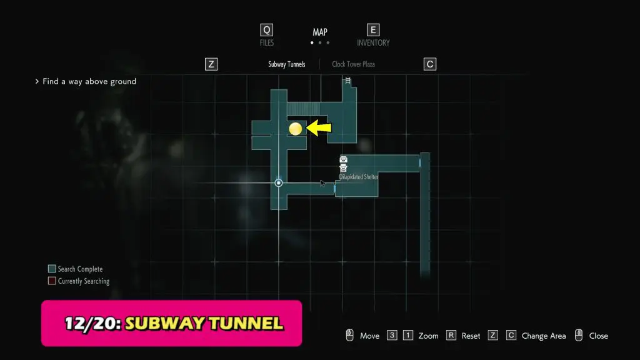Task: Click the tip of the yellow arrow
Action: coord(306,127)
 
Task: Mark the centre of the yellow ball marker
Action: coord(296,129)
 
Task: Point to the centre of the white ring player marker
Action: coord(278,183)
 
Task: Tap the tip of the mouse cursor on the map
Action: coord(321,180)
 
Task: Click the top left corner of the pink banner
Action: coord(41,301)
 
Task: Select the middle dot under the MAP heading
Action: coord(320,42)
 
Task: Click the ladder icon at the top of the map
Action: coord(347,81)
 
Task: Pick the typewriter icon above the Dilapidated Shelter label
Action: coord(343,167)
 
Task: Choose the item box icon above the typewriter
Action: coord(343,159)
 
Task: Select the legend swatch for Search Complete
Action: coord(52,269)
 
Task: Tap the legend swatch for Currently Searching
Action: coord(52,281)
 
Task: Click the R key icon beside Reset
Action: coord(451,336)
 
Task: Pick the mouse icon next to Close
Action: coord(578,335)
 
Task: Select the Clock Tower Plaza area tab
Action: coord(354,64)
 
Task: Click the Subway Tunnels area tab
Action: coord(286,64)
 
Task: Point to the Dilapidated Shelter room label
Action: coord(359,177)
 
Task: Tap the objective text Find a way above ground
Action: coord(89,81)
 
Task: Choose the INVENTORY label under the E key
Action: coord(373,42)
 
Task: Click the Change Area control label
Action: coord(544,336)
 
